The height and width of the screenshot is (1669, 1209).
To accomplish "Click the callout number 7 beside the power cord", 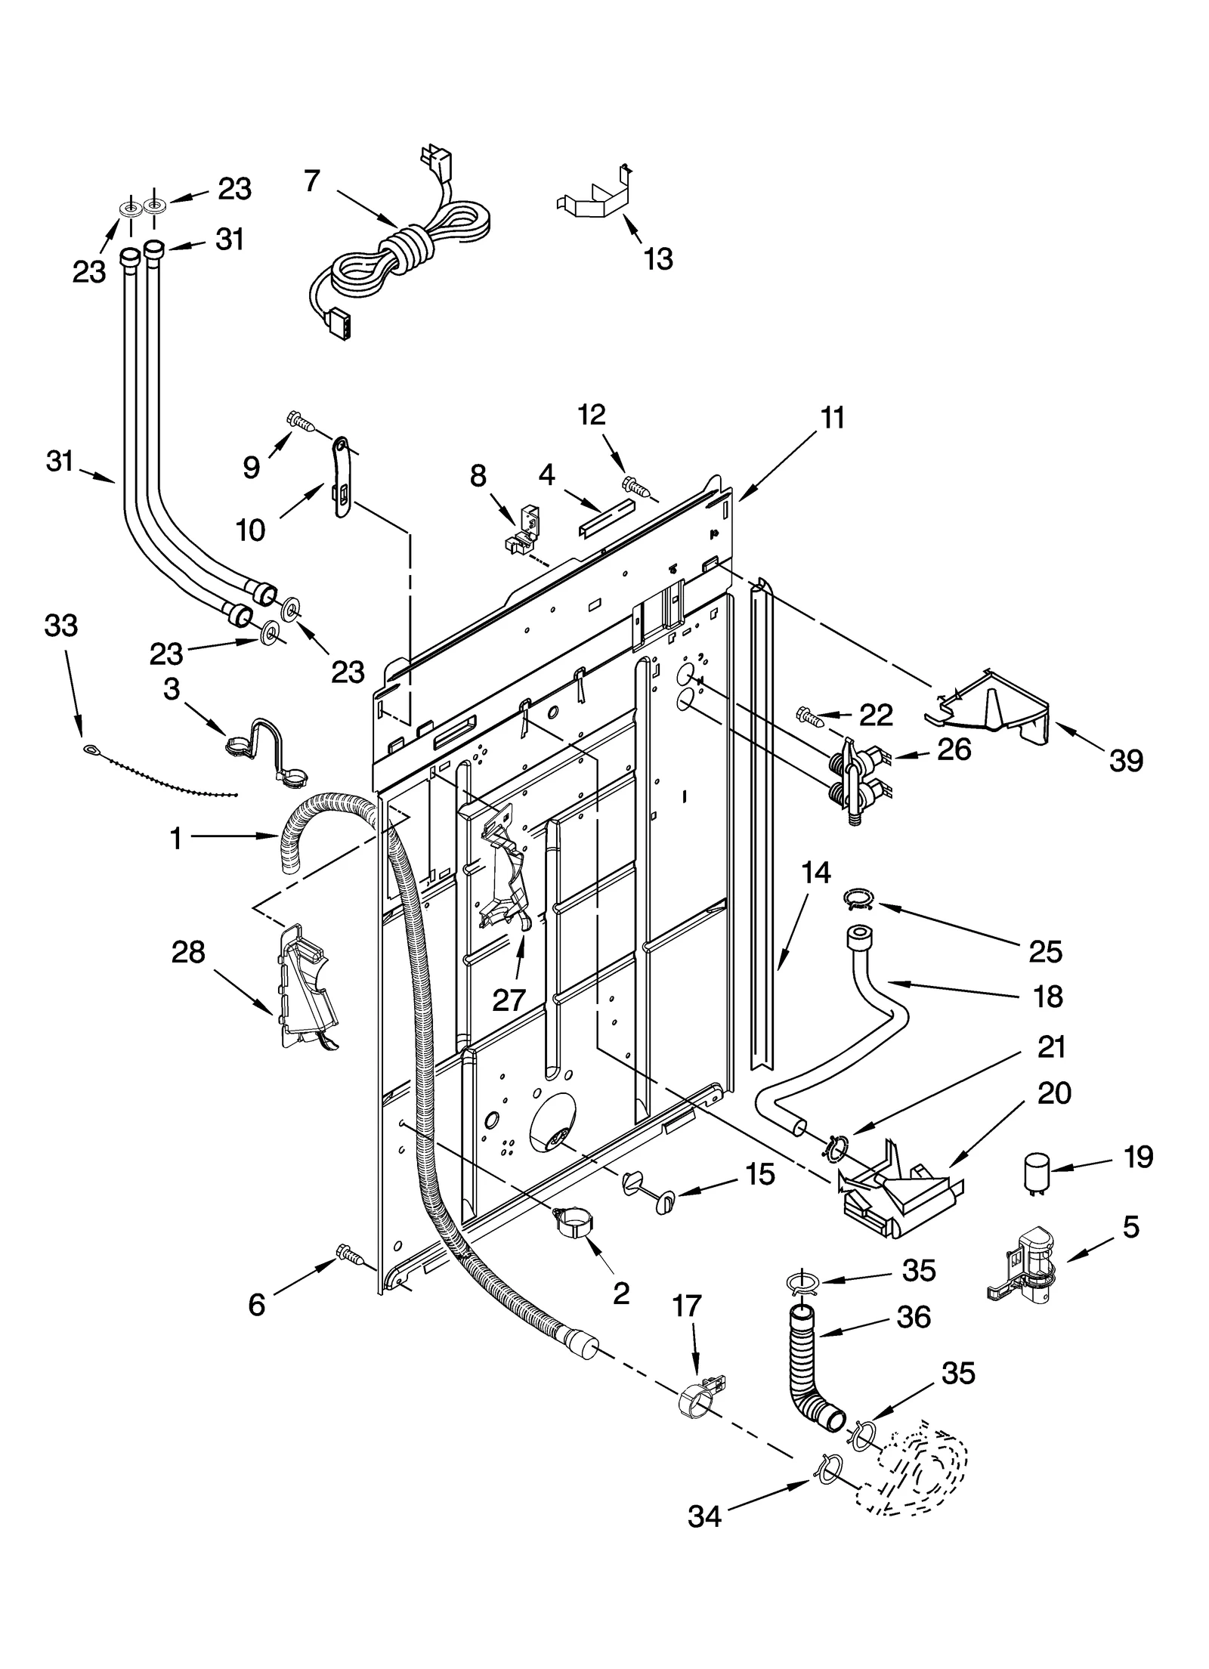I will coord(312,181).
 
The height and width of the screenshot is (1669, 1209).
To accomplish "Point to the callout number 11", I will coord(832,418).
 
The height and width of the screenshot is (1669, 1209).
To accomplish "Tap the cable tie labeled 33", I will coord(159,771).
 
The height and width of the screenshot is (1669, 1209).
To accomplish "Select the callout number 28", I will coord(188,953).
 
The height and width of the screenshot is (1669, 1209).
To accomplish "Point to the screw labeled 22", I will coord(809,715).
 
